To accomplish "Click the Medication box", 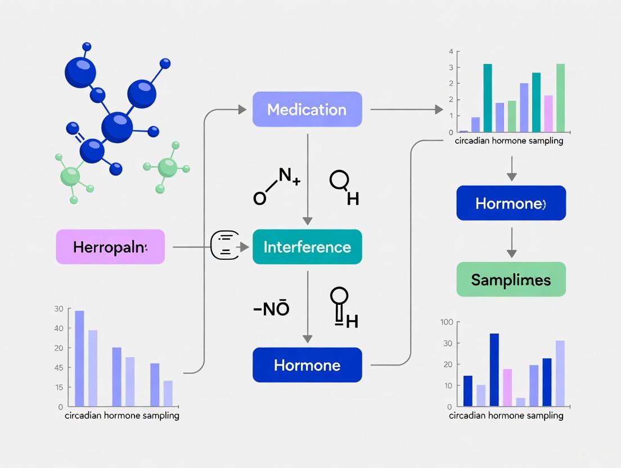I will tap(307, 109).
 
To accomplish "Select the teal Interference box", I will tap(307, 247).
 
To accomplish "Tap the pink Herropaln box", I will tap(110, 247).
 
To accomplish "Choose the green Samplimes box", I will tap(511, 280).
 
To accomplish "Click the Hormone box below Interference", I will tap(307, 365).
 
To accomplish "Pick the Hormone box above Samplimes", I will tap(511, 203).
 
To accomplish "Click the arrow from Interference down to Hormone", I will tap(307, 307).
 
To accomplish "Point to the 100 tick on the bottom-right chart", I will tap(447, 322).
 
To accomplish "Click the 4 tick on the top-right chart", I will tap(451, 52).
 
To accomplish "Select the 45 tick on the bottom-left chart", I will tap(58, 368).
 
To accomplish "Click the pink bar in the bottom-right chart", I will tap(507, 387).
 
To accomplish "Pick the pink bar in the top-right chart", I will tap(548, 113).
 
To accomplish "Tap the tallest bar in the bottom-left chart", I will tap(79, 358).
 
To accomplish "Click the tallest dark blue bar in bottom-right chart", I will tap(494, 370).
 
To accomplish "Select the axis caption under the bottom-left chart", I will tap(122, 416).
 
